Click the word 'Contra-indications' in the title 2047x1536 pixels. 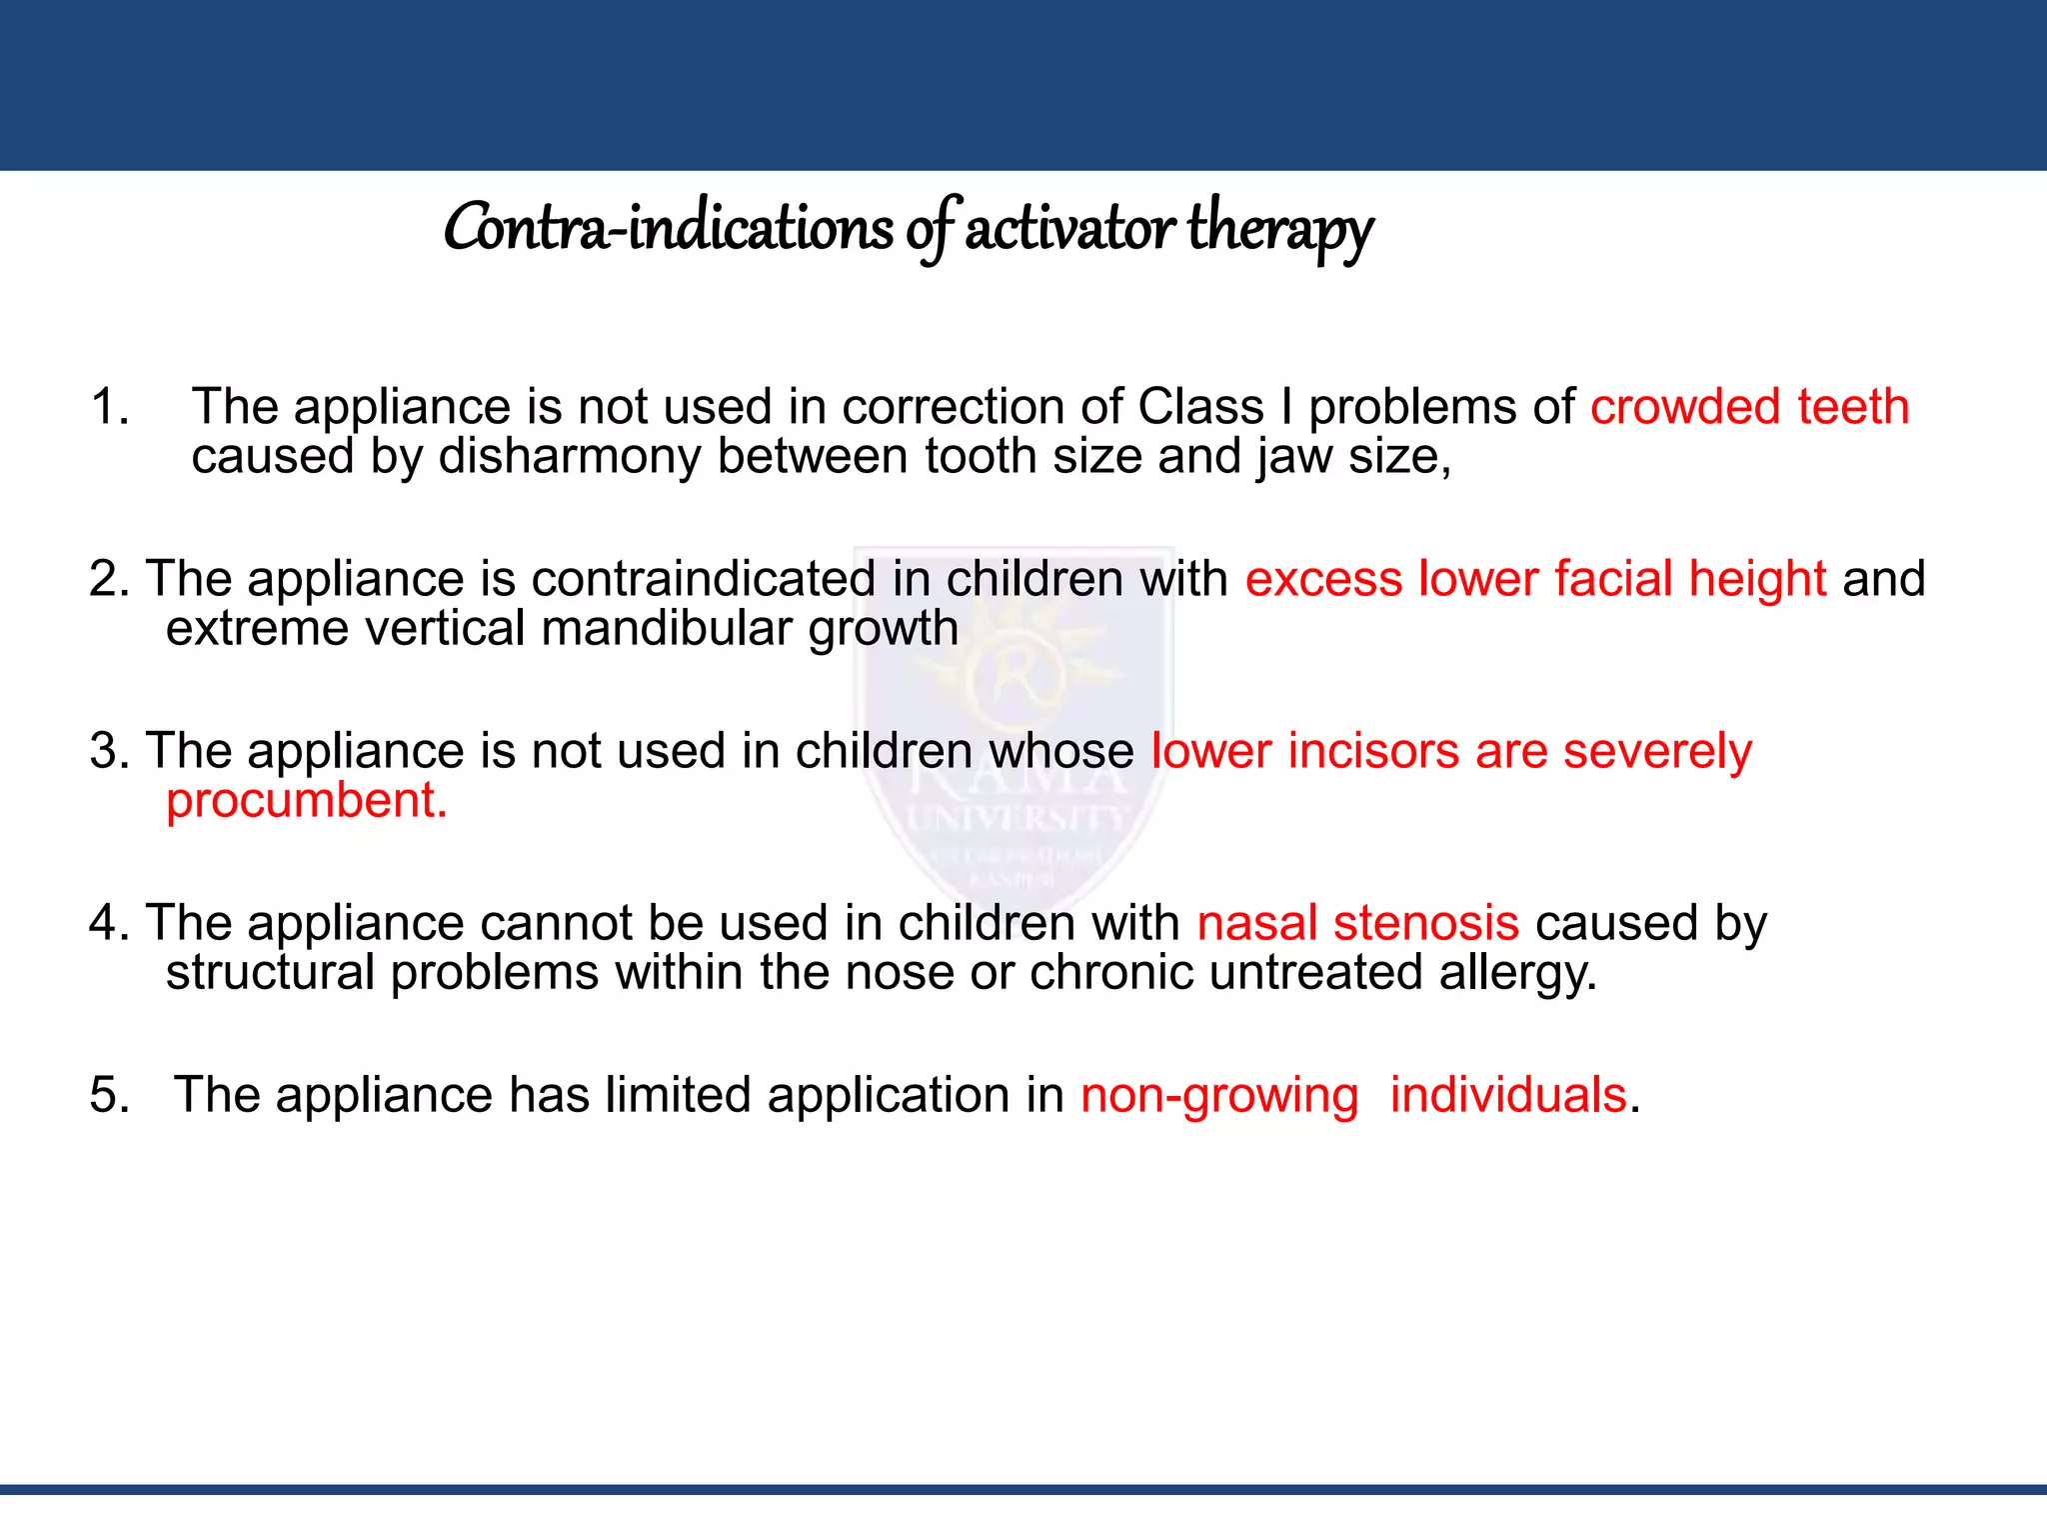click(668, 229)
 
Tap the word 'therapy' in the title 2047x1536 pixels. click(1280, 229)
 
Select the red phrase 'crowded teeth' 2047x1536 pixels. click(1749, 407)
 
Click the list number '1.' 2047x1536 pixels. click(110, 407)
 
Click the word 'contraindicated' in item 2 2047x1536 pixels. click(704, 579)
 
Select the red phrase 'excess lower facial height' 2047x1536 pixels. click(1535, 579)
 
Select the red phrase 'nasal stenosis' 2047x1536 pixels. click(1357, 923)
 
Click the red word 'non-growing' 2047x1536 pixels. click(1219, 1095)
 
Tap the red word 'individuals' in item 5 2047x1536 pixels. click(1507, 1095)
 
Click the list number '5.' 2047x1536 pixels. click(110, 1095)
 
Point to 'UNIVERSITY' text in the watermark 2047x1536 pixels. click(1016, 820)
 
